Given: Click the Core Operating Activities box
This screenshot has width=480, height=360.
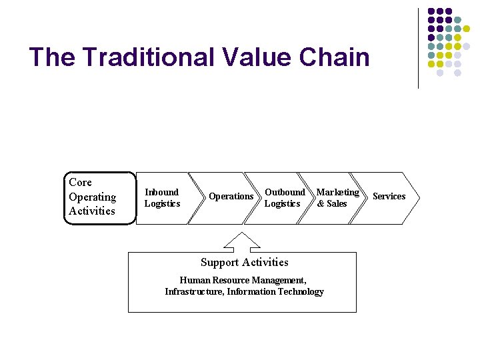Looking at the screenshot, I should [x=99, y=197].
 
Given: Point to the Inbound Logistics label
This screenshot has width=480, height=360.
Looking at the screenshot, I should [x=162, y=198].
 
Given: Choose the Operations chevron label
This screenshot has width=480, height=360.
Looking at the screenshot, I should [x=231, y=197].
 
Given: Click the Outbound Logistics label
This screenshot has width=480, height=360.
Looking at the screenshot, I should [x=284, y=198].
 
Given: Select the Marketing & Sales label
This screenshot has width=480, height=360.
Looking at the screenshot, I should [x=337, y=198].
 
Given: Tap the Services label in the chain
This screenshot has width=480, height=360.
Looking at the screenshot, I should [x=389, y=197].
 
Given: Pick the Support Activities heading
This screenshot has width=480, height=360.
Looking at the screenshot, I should [x=244, y=263].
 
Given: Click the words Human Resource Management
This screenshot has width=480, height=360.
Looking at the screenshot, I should [x=243, y=281].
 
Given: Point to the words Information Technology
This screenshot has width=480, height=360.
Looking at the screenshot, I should [x=284, y=292].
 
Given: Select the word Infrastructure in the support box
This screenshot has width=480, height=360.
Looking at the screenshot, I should [x=194, y=292].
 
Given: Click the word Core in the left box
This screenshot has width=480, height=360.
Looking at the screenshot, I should [x=80, y=183].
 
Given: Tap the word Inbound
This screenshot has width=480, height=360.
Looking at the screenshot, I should [x=162, y=192].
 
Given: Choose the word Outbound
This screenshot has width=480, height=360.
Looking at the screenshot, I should [x=285, y=192].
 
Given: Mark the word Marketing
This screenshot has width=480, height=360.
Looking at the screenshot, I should [x=337, y=192].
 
